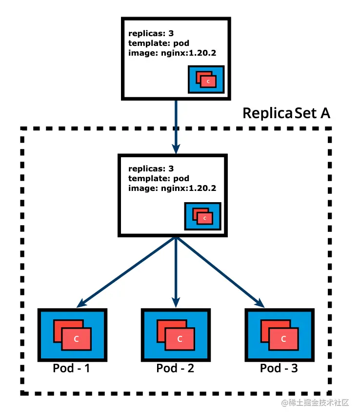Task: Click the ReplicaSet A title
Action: (286, 113)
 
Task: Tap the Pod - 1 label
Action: (72, 368)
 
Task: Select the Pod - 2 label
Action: (175, 368)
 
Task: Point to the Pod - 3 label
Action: (279, 368)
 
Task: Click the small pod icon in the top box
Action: (206, 79)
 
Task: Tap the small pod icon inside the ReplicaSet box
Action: (202, 216)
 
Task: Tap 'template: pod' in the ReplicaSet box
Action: (159, 179)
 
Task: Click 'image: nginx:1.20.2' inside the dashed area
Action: (172, 188)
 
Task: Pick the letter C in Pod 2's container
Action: (180, 339)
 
